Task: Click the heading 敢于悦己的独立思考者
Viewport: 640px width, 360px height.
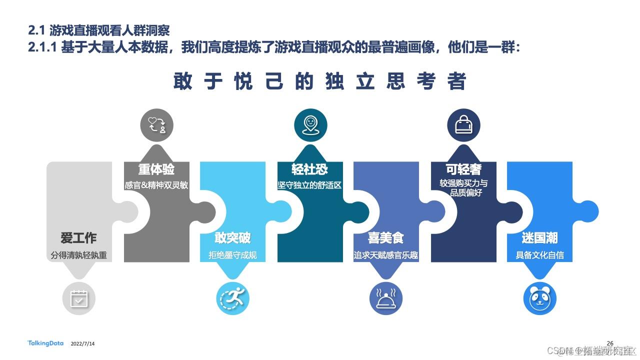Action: click(320, 81)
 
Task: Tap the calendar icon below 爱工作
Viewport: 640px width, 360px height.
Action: click(78, 298)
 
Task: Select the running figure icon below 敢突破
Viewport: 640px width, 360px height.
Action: click(232, 298)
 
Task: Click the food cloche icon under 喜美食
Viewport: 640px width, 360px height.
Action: click(386, 298)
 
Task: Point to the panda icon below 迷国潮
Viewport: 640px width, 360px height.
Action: click(540, 298)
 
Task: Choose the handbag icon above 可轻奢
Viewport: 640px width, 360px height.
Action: click(463, 125)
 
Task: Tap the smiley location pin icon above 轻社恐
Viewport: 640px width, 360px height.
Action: click(310, 125)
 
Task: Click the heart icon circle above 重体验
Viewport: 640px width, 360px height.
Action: click(156, 125)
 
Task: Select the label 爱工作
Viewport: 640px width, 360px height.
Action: click(78, 237)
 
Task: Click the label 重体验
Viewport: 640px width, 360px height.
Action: click(156, 168)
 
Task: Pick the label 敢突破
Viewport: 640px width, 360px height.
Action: click(232, 237)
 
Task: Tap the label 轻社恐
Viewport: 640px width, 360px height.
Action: click(310, 168)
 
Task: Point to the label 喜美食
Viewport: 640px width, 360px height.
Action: click(386, 237)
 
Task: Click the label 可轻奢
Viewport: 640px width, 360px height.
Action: click(463, 168)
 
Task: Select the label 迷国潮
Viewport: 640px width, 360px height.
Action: click(539, 237)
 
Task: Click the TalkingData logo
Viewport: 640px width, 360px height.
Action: click(45, 343)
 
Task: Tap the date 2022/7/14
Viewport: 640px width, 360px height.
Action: click(83, 344)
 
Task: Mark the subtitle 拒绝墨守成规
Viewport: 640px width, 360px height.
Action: click(232, 255)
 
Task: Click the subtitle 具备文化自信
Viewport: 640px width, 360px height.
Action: click(539, 255)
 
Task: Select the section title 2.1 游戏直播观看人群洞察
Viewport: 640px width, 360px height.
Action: click(99, 30)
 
